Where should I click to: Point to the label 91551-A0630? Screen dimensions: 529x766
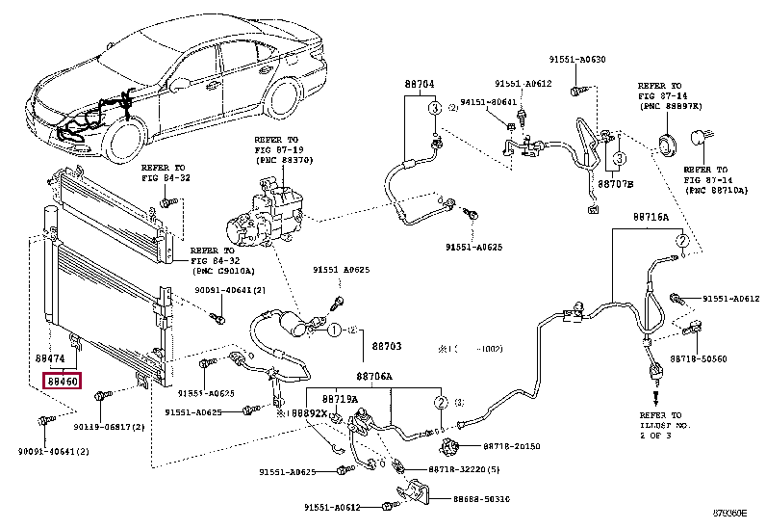point(577,60)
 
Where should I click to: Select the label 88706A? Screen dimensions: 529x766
point(374,377)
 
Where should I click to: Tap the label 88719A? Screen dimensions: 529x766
point(340,398)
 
